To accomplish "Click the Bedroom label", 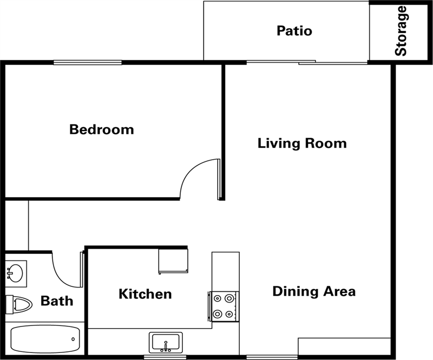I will coord(102,130).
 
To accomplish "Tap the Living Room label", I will coord(302,143).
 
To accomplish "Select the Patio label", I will coord(294,30).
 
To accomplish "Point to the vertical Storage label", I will coord(401,31).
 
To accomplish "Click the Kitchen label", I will coord(145,294).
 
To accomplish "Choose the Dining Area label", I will coord(314,291).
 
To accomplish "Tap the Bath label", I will coord(57,301).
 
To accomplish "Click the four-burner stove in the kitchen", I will coord(224,306).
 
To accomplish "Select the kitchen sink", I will coord(166,343).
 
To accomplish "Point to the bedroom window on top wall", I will coord(88,62).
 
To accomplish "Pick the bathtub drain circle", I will coord(74,339).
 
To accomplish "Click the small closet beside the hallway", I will coord(16,225).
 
